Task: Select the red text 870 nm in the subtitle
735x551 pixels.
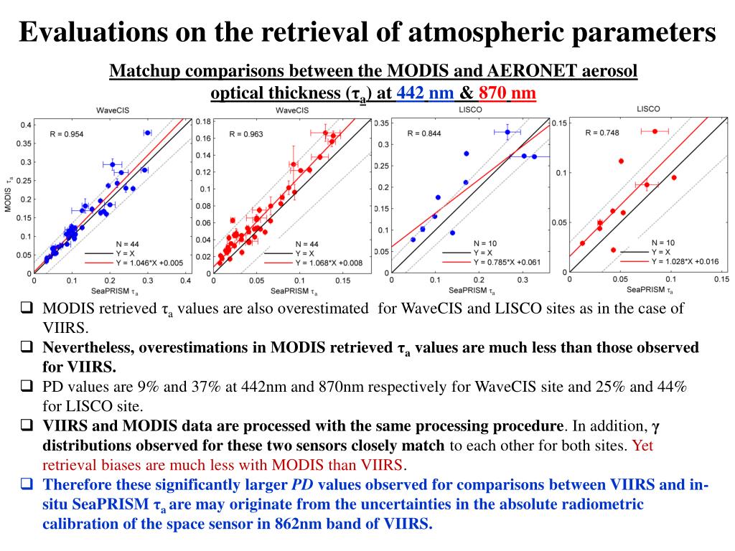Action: click(507, 93)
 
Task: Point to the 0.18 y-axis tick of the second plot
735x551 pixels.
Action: click(203, 121)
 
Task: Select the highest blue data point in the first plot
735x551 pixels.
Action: click(147, 133)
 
